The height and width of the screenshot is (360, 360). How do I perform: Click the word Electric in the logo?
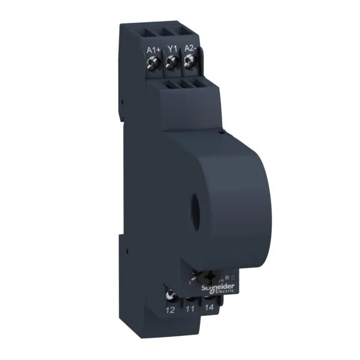click(x=221, y=292)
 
